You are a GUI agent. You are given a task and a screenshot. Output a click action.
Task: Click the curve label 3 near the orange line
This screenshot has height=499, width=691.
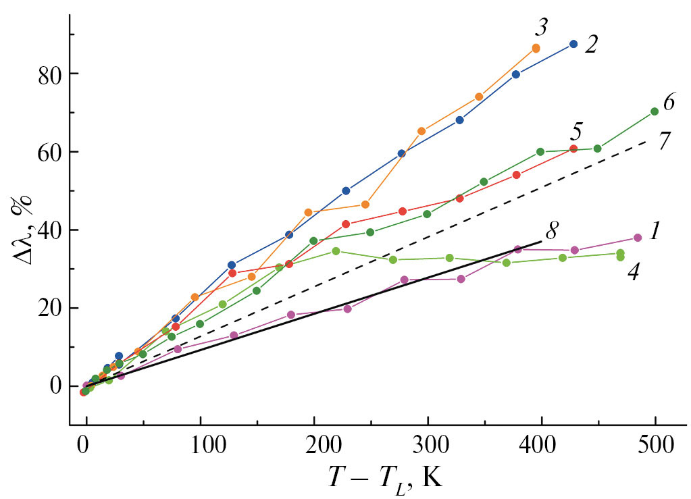click(x=542, y=28)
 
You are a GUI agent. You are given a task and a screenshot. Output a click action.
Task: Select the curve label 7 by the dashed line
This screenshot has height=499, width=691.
click(x=664, y=141)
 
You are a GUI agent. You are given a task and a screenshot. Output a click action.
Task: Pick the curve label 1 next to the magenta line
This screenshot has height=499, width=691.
click(x=655, y=232)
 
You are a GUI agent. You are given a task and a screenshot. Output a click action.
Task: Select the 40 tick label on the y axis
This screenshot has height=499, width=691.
click(x=47, y=230)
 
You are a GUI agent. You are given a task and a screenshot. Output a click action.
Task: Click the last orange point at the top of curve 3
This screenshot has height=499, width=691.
click(x=536, y=48)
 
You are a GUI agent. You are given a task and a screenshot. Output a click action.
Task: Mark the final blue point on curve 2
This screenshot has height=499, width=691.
click(x=573, y=44)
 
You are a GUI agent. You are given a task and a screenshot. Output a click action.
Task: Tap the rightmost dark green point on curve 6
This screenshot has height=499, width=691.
click(x=655, y=111)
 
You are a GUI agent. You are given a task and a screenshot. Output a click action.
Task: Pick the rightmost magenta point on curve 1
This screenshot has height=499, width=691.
click(x=638, y=238)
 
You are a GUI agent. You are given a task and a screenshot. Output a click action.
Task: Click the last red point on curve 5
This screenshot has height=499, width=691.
click(x=573, y=149)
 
